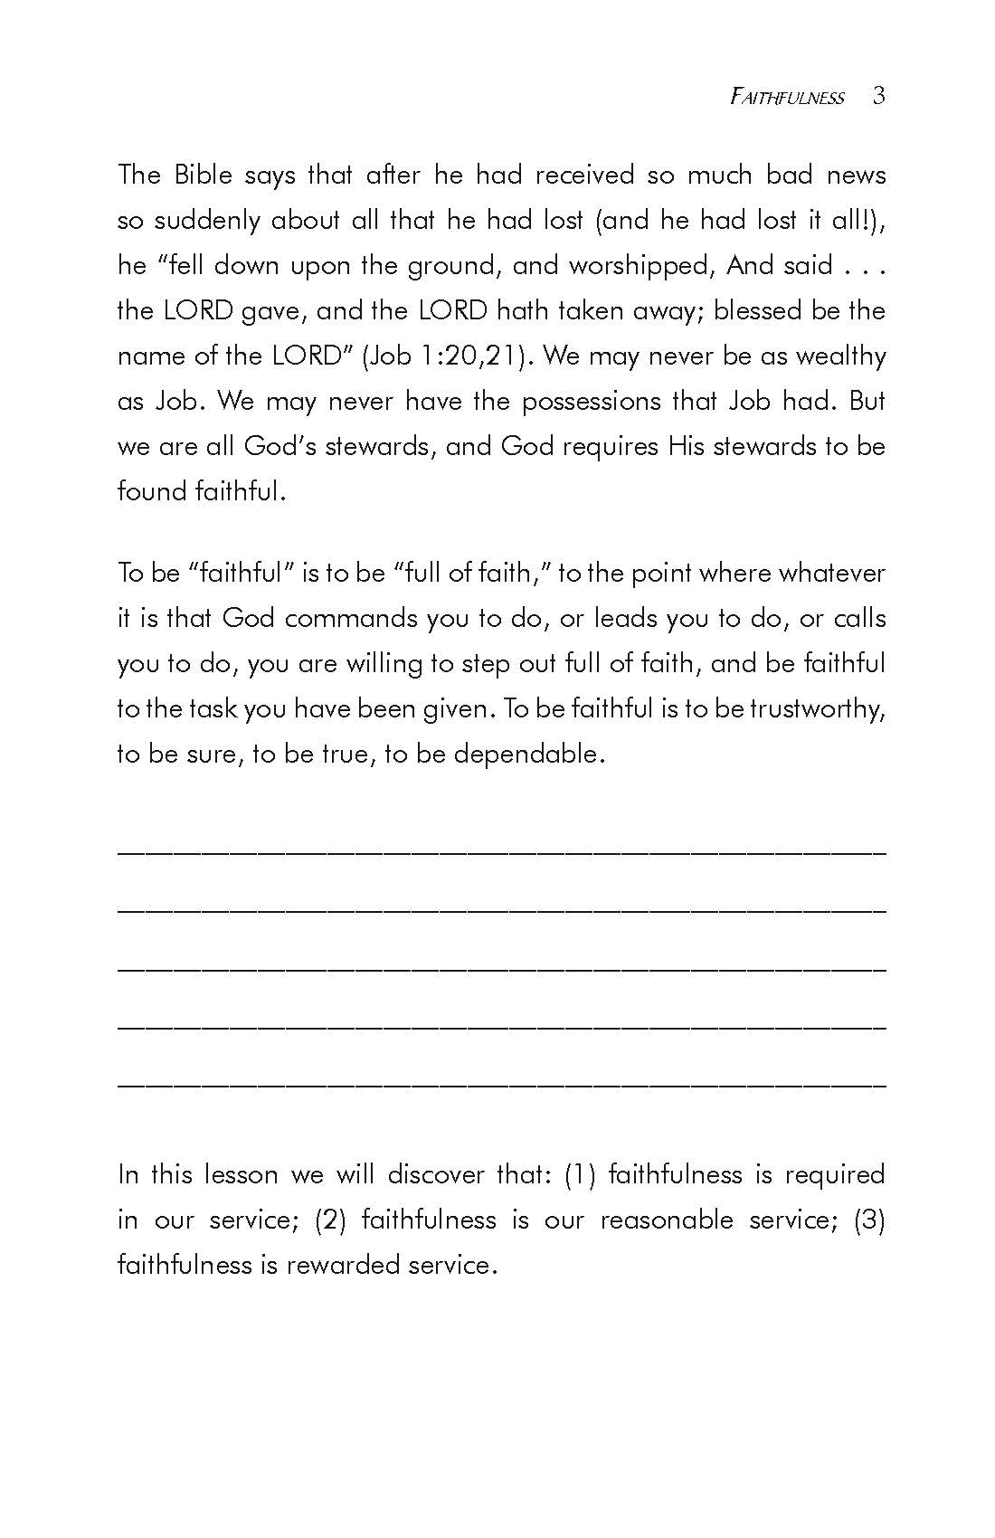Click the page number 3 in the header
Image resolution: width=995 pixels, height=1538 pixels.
point(878,96)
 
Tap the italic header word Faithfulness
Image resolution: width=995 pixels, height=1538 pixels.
point(787,98)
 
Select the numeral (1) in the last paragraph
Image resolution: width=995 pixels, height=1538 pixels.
point(579,1174)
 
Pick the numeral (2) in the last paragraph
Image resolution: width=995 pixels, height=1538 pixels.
point(330,1220)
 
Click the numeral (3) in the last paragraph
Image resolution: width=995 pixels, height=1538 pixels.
point(869,1220)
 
